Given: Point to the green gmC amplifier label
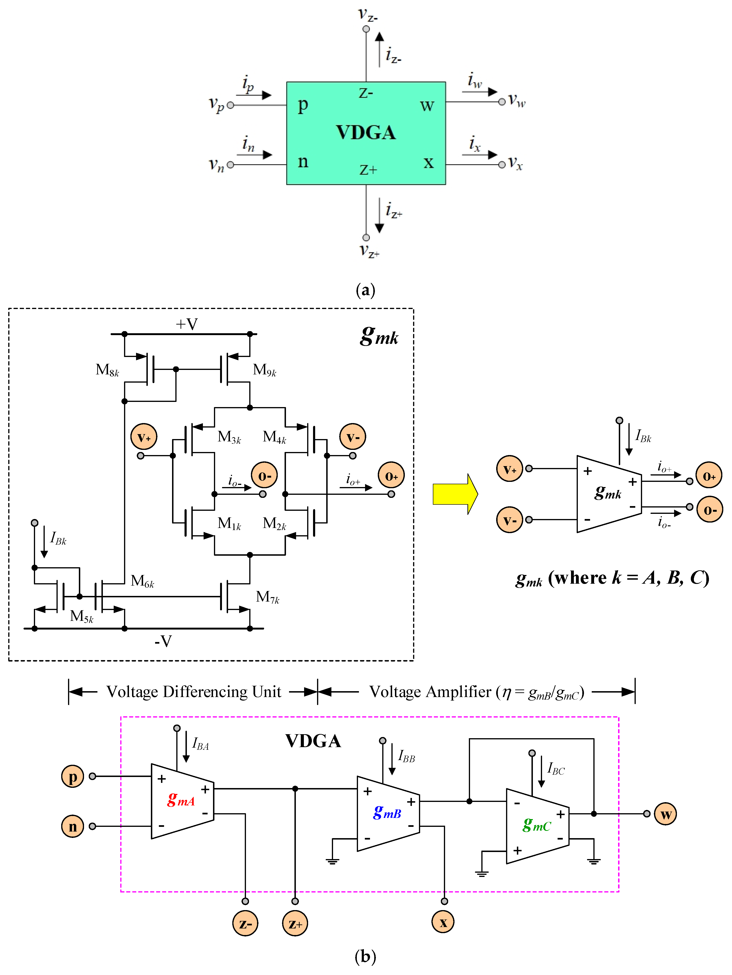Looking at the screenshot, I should (x=537, y=824).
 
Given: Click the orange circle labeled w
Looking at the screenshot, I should (x=665, y=814).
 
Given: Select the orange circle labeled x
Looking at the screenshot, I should (x=443, y=922).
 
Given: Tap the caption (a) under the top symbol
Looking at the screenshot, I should (x=365, y=290).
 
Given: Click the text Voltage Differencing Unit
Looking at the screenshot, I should (x=194, y=692).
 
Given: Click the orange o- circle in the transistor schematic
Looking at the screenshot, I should (x=264, y=475).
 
